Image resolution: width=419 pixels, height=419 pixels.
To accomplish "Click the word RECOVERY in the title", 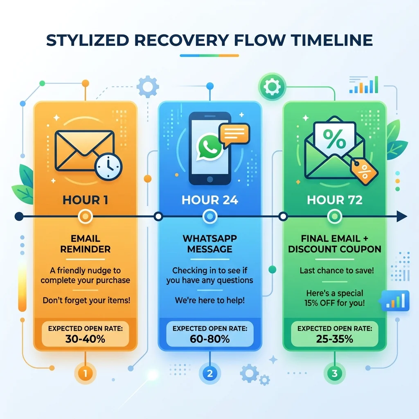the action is click(x=181, y=41).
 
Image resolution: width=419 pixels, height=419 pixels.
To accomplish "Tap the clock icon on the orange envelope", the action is click(x=108, y=167).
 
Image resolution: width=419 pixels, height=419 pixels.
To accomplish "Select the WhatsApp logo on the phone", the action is click(x=209, y=147).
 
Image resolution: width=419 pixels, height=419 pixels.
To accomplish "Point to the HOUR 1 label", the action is click(x=86, y=200).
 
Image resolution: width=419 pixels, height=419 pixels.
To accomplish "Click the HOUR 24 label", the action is click(x=210, y=200).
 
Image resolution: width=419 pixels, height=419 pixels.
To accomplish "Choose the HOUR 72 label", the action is click(x=335, y=200).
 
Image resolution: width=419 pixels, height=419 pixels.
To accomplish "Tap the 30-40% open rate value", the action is click(x=85, y=339).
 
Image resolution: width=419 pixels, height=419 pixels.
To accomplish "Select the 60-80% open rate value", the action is click(x=210, y=339).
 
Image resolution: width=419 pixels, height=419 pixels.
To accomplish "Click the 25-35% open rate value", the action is click(x=335, y=339).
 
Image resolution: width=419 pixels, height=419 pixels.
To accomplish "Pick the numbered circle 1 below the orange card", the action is click(x=85, y=373).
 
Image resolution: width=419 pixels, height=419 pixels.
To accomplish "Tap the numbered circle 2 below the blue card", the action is click(x=210, y=373).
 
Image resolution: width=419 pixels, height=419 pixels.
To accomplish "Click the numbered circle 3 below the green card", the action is click(x=335, y=373).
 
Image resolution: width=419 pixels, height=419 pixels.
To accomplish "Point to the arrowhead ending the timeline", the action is click(x=402, y=216).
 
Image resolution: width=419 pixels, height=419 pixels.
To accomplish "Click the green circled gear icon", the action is click(x=272, y=87).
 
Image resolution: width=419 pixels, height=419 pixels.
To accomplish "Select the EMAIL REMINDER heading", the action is click(x=85, y=244).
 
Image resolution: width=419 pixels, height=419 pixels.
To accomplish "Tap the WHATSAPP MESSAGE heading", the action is click(x=210, y=244).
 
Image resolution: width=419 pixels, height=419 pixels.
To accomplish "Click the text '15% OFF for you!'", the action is click(x=335, y=303).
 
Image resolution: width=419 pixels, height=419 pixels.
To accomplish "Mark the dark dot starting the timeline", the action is click(x=19, y=216).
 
